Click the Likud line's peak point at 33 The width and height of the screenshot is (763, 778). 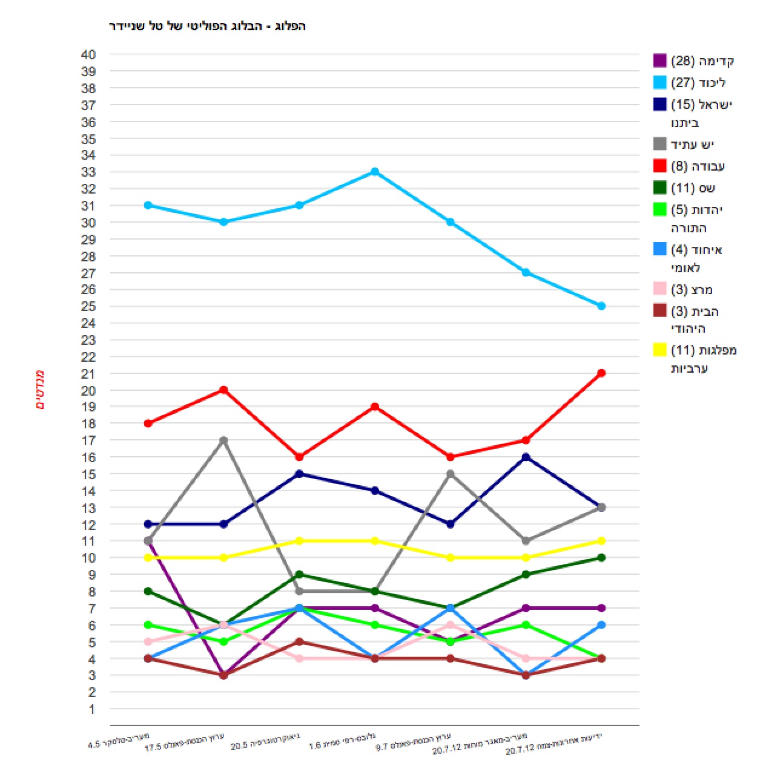click(x=375, y=172)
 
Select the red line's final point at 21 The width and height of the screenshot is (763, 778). click(x=601, y=373)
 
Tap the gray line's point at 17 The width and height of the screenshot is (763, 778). click(x=223, y=440)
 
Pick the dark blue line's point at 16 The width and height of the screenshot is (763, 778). click(x=526, y=457)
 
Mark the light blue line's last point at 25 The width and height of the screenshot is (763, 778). click(x=601, y=306)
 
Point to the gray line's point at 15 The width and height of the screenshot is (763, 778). click(x=451, y=474)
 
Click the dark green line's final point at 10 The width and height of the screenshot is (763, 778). click(x=601, y=558)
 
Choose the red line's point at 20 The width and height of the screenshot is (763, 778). click(x=223, y=390)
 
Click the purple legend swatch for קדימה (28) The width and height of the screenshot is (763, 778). click(x=659, y=60)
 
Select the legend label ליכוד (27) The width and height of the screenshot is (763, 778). click(x=699, y=83)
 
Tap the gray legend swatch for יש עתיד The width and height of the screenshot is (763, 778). click(x=659, y=144)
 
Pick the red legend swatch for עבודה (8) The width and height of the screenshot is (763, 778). click(x=659, y=166)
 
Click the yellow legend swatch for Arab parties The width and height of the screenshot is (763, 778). click(x=659, y=350)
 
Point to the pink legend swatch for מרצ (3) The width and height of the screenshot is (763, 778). click(x=659, y=289)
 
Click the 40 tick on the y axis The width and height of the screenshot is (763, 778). click(x=88, y=54)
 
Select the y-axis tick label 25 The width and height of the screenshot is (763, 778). click(x=88, y=306)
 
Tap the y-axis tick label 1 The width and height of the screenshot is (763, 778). click(x=92, y=709)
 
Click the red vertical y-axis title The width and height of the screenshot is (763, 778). click(x=40, y=390)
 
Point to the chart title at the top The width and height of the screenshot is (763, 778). click(x=207, y=26)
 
